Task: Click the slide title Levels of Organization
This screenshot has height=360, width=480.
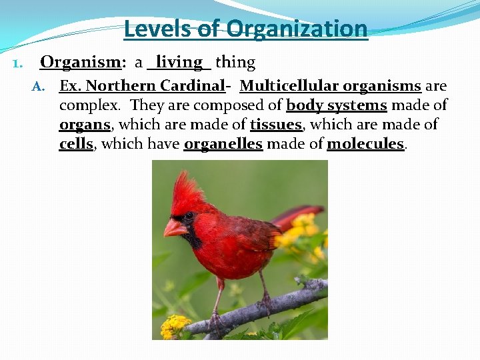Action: coord(245,29)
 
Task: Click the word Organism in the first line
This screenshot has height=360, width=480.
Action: coord(79,63)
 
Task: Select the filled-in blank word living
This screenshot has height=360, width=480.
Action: coord(179,63)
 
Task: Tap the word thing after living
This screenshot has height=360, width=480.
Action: coord(235,63)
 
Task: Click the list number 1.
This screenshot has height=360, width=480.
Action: coord(18,64)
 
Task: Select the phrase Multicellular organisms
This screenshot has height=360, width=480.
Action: coord(330,86)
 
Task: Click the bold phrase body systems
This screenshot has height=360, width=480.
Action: coord(336,105)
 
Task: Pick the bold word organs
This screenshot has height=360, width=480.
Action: coord(84,125)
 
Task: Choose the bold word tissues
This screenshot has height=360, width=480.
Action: coord(276,125)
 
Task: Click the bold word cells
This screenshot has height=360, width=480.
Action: coord(76,144)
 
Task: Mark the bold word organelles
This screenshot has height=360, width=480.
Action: coord(223,144)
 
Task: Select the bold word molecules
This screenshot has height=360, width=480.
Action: coord(365,144)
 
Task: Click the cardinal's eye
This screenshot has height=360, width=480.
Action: coord(189,216)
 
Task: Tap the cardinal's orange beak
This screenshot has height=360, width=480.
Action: coord(175,229)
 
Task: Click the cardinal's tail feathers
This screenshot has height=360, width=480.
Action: coord(297,217)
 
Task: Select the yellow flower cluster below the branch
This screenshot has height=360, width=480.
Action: coord(175,326)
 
